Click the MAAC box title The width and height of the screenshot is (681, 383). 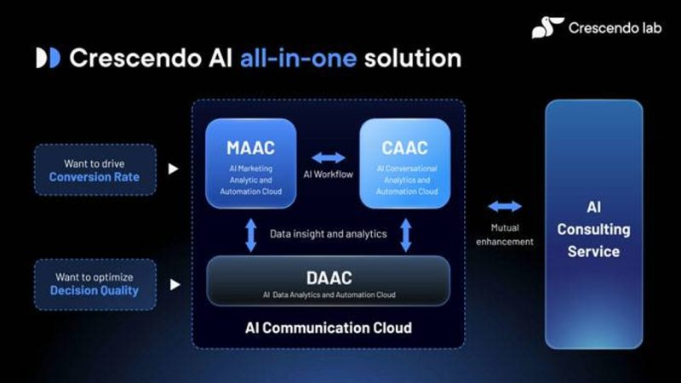[250, 148]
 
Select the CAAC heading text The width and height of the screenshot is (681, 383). [405, 148]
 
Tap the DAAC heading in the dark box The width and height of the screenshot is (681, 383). [329, 278]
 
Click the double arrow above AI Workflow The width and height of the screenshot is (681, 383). [329, 157]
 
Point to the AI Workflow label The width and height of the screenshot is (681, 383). [329, 174]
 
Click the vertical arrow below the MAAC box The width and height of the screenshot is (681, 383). [250, 235]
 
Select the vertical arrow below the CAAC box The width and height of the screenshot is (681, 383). [406, 235]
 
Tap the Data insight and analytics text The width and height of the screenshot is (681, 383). [329, 234]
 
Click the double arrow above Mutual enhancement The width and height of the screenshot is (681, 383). [505, 206]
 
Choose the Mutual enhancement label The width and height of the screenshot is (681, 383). [505, 235]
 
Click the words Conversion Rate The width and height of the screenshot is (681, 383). [94, 177]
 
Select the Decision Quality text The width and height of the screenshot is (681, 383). [94, 290]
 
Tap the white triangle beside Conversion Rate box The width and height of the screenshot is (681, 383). [174, 169]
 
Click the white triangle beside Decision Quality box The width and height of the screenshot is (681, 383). [175, 284]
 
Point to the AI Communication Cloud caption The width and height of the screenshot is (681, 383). [329, 328]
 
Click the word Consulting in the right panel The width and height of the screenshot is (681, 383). [593, 230]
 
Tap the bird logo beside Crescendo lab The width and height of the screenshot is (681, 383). [547, 27]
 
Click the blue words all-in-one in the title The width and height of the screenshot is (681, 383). [299, 58]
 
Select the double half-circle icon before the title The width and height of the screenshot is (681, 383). [49, 58]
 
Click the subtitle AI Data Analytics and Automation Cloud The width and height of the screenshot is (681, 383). [329, 294]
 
